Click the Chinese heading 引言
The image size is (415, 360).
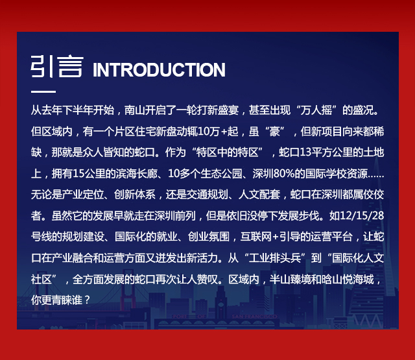click(x=57, y=66)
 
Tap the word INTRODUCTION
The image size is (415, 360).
click(x=159, y=70)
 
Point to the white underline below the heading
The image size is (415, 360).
click(x=43, y=91)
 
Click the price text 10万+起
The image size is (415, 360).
click(x=218, y=131)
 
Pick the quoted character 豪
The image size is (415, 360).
click(x=274, y=131)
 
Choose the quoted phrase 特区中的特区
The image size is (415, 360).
click(x=227, y=152)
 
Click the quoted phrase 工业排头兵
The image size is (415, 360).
click(x=275, y=258)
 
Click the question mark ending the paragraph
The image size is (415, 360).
click(x=88, y=300)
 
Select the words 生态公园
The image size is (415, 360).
click(x=222, y=174)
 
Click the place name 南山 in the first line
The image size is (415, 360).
click(x=134, y=110)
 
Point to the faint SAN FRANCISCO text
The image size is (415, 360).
click(x=254, y=317)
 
